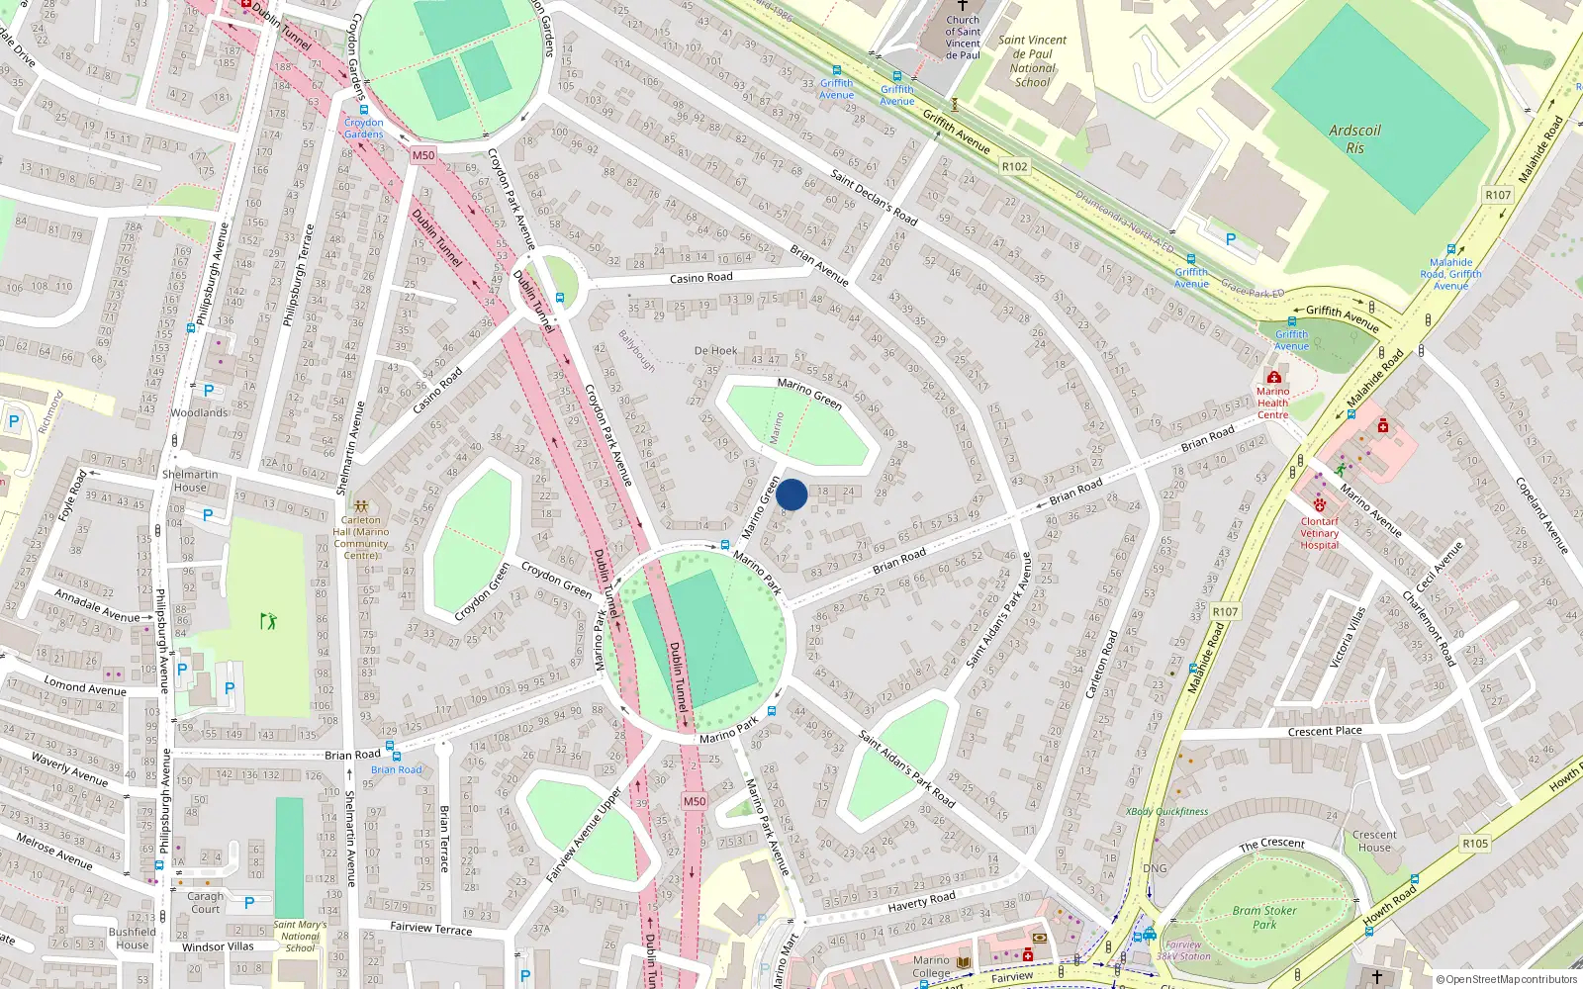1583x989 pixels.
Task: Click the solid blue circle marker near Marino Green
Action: click(791, 494)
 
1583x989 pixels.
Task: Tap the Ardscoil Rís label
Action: click(1354, 139)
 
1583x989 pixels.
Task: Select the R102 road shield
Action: click(1014, 166)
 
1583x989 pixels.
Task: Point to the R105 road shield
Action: click(1474, 844)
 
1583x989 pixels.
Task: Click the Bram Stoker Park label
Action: click(1264, 918)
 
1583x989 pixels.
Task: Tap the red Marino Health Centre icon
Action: click(1273, 377)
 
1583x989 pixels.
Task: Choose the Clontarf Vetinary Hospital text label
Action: click(1319, 533)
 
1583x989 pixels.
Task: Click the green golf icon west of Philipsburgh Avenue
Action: click(268, 621)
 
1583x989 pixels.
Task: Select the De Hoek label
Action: click(715, 351)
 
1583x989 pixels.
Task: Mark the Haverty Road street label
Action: click(921, 900)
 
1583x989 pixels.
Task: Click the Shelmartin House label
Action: click(190, 481)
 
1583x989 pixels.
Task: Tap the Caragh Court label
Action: click(206, 903)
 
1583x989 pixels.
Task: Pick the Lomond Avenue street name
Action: click(85, 685)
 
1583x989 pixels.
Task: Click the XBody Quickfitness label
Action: click(1166, 812)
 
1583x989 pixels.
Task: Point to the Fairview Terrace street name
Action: click(430, 928)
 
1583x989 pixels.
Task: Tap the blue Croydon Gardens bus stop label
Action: click(363, 129)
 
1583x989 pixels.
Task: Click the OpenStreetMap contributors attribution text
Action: click(1507, 980)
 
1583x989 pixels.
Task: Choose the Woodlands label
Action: click(200, 413)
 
